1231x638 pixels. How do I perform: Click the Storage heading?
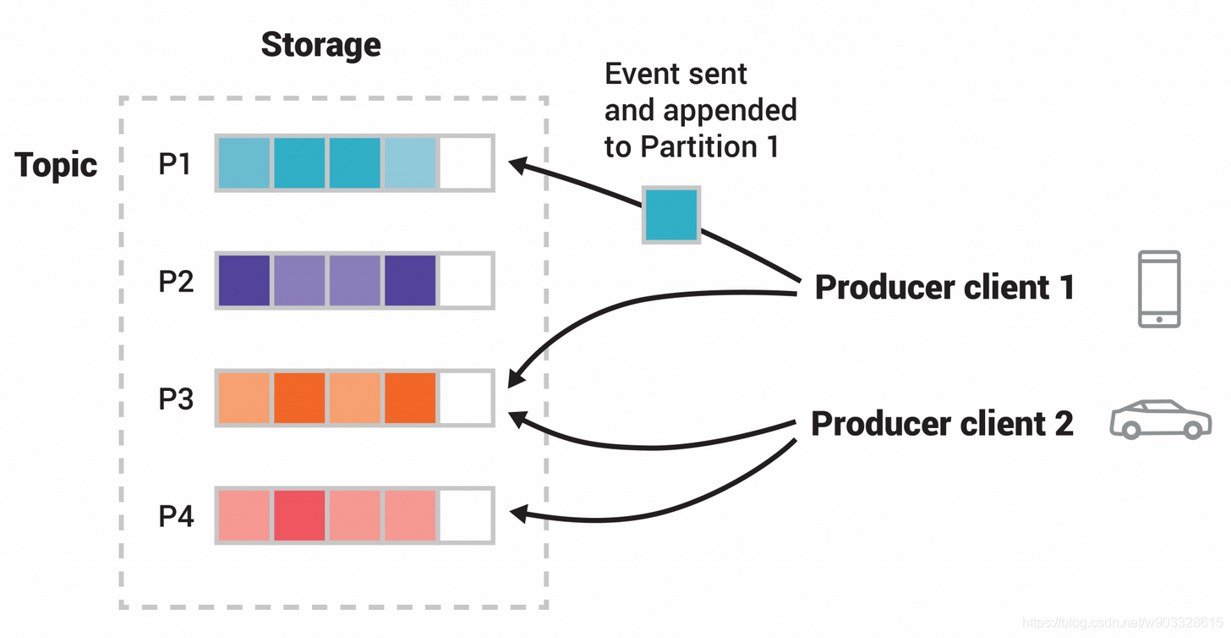[x=321, y=45]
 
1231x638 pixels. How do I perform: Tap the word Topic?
[x=56, y=164]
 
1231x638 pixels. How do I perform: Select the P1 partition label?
[x=175, y=164]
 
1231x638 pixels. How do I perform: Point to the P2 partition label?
[x=176, y=281]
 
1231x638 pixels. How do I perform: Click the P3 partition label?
[x=176, y=399]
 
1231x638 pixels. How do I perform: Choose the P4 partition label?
[x=176, y=516]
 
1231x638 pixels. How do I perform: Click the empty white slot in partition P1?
[x=466, y=163]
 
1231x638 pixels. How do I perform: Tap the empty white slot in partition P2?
[x=466, y=281]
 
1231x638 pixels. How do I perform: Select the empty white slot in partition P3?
[x=466, y=399]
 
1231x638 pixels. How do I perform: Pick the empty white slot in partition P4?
[x=466, y=516]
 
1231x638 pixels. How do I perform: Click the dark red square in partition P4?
[x=299, y=516]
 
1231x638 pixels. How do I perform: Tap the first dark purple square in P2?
[x=244, y=281]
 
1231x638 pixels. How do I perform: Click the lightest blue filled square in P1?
[x=410, y=163]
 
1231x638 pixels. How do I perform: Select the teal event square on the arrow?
[x=671, y=215]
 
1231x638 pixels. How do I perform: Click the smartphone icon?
[x=1160, y=289]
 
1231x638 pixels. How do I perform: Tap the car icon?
[x=1161, y=419]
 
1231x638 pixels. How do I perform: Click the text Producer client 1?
[x=944, y=287]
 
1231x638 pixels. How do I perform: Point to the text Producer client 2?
[x=942, y=423]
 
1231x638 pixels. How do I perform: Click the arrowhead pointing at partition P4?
[x=519, y=514]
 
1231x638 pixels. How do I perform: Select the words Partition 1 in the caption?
[x=709, y=147]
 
